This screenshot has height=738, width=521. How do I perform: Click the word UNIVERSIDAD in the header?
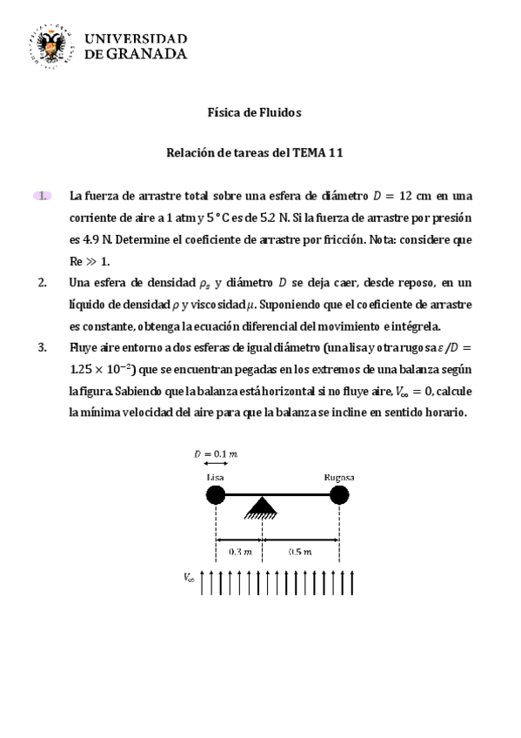click(135, 38)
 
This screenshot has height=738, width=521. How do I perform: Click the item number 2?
click(43, 283)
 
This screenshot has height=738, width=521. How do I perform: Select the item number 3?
click(43, 348)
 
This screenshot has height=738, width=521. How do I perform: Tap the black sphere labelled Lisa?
click(216, 495)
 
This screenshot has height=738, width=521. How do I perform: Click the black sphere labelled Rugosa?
click(338, 495)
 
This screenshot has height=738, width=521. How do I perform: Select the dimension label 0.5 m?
click(298, 551)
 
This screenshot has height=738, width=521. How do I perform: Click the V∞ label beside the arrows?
click(189, 577)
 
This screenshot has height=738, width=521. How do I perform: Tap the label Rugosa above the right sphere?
click(338, 478)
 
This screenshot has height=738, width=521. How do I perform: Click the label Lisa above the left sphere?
click(215, 478)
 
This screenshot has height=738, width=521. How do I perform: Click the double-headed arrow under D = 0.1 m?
click(215, 464)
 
